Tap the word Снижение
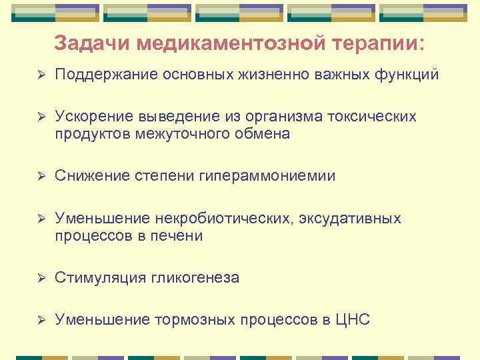pyautogui.click(x=90, y=176)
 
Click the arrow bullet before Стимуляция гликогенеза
pyautogui.click(x=41, y=278)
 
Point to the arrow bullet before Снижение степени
pyautogui.click(x=41, y=176)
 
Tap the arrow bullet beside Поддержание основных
pyautogui.click(x=41, y=75)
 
